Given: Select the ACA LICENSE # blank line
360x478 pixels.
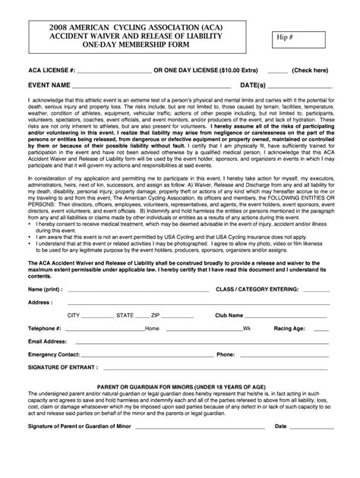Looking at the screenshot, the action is pos(115,71).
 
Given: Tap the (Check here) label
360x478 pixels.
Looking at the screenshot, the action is pos(310,70).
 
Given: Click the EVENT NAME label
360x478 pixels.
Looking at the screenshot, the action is pos(50,85).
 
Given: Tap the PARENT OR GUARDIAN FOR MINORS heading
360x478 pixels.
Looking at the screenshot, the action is pos(179,388).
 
